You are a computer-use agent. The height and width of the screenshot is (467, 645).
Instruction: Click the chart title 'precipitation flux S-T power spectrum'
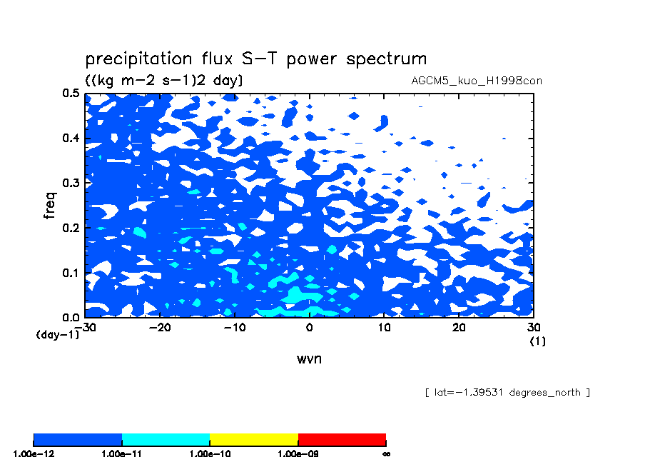tap(256, 59)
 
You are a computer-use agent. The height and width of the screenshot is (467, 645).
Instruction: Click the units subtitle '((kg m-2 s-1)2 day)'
tap(164, 80)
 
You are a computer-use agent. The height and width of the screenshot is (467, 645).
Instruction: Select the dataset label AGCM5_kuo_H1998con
tap(477, 81)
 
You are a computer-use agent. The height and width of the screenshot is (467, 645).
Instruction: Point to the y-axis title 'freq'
tap(49, 205)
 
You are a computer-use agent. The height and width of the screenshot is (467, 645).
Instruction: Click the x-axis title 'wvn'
tap(309, 358)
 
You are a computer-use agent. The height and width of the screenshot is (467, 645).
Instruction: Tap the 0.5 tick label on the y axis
tap(71, 93)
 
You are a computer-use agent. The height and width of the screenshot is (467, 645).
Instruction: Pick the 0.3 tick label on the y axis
tap(71, 183)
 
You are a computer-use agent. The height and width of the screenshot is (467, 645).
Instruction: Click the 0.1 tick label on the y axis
tap(71, 273)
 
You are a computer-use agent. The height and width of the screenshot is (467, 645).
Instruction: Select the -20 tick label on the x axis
tap(160, 327)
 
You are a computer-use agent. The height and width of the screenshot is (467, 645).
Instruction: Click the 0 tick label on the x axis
tap(310, 327)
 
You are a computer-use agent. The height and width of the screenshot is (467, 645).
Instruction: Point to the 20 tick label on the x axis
tap(459, 327)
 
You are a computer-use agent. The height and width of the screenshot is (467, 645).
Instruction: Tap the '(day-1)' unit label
tap(58, 334)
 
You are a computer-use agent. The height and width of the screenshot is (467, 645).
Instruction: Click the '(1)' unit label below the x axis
tap(538, 341)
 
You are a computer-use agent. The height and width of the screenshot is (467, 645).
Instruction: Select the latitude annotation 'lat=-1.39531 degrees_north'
tap(507, 393)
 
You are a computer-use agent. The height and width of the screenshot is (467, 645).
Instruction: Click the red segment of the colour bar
tap(342, 440)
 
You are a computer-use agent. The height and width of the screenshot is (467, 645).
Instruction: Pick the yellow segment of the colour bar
tap(254, 440)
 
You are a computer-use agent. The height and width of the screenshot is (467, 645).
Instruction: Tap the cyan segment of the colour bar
tap(166, 440)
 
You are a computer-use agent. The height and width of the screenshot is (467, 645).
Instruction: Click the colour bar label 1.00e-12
tap(34, 454)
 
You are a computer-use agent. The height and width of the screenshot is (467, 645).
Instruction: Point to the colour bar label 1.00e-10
tap(210, 454)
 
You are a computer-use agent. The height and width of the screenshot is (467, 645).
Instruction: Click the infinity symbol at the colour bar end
tap(386, 454)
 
